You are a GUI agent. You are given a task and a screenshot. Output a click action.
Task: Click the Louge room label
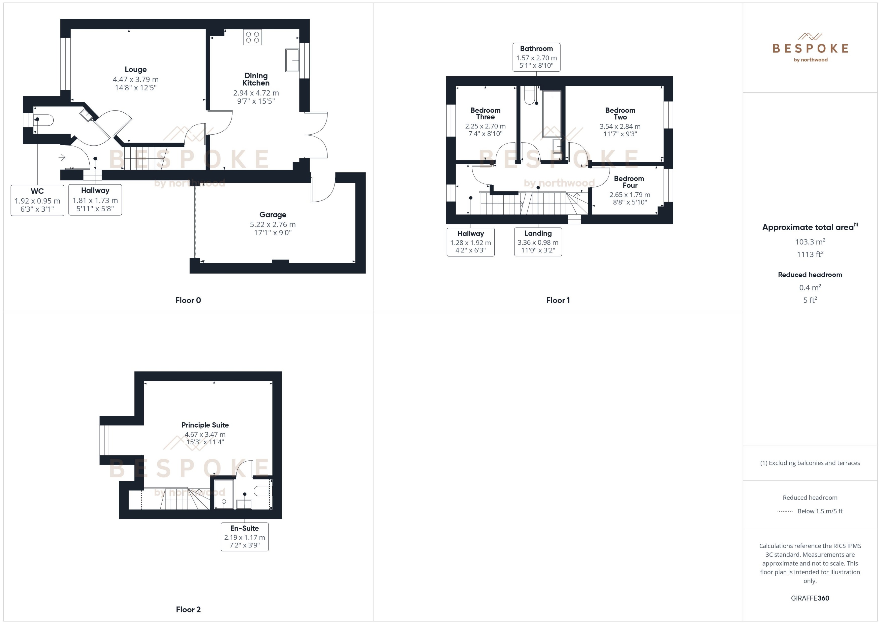(x=135, y=70)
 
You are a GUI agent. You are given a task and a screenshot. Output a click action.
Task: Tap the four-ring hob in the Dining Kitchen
(x=252, y=37)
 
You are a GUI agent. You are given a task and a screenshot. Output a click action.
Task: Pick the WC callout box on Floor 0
(x=37, y=200)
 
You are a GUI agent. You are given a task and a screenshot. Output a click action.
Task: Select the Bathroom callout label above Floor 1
(x=536, y=57)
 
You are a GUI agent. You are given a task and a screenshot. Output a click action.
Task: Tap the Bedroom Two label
(x=620, y=113)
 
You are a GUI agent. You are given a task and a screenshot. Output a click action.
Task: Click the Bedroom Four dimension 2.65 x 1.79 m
(x=630, y=194)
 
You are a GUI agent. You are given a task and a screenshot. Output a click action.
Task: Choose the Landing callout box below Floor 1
(x=538, y=241)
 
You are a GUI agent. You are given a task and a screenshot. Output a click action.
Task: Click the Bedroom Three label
(x=485, y=113)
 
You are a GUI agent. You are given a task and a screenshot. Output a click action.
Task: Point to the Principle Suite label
(x=205, y=425)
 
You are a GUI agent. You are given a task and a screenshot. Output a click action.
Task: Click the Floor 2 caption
(x=188, y=609)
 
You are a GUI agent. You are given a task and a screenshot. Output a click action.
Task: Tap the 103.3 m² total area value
(x=810, y=242)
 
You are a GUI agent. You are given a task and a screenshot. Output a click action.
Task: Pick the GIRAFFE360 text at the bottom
(x=810, y=598)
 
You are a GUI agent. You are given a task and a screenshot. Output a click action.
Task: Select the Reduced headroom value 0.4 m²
(x=810, y=287)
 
